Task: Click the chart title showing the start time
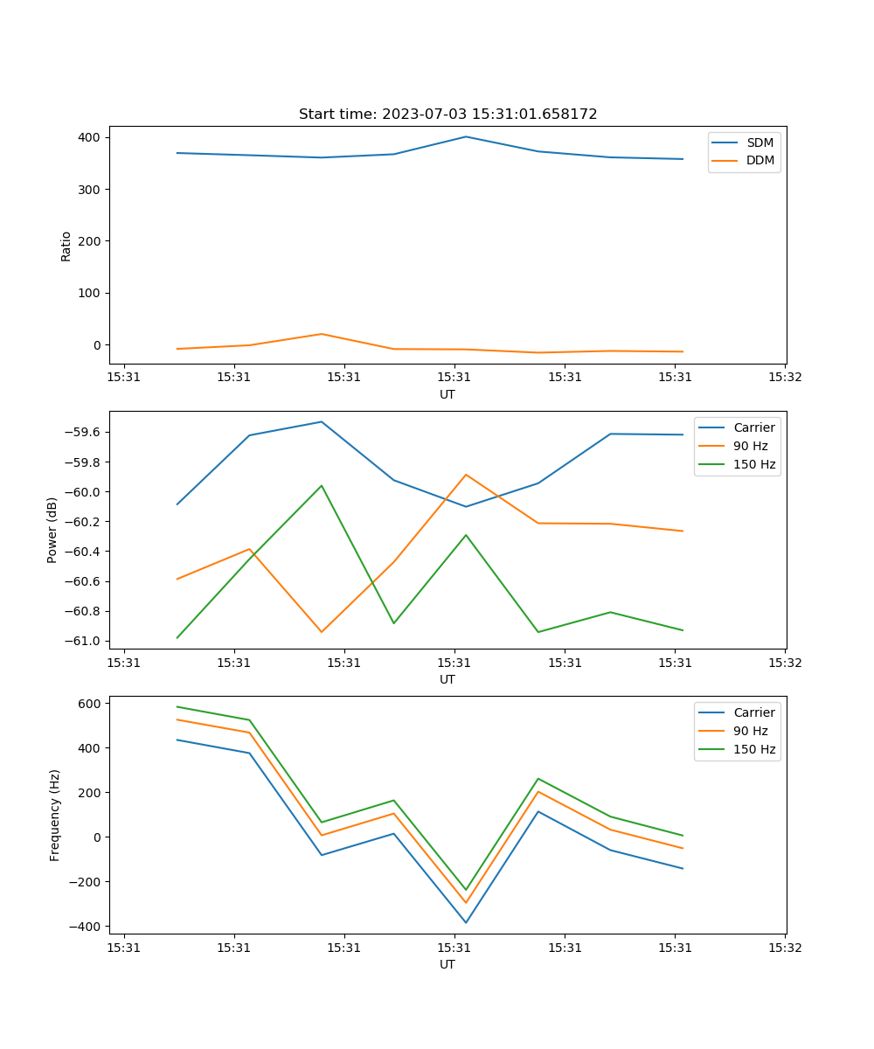(447, 115)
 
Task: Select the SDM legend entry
(760, 142)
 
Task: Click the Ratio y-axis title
(66, 246)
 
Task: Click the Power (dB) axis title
(52, 530)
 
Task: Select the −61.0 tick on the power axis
(83, 641)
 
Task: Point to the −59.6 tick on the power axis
(83, 433)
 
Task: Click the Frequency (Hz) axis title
(55, 815)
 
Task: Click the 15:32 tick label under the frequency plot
(785, 947)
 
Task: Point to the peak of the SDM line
(466, 136)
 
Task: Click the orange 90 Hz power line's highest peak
(466, 475)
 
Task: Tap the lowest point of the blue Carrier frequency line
(466, 922)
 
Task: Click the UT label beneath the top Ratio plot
(447, 394)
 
